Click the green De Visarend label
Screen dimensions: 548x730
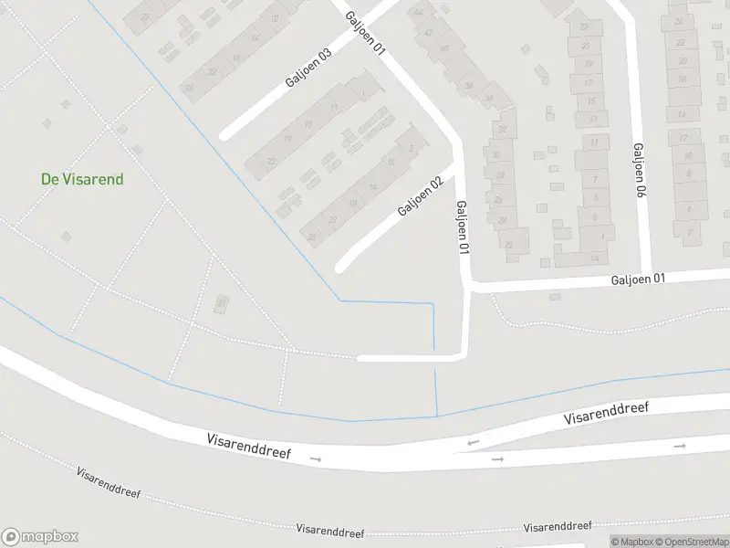point(82,179)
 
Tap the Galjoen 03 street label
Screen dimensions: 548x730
point(308,67)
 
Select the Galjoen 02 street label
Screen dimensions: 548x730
point(421,196)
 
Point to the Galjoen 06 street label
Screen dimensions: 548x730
point(640,172)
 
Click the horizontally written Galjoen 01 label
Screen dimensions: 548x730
point(639,279)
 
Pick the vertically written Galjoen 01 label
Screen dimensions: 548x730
point(463,227)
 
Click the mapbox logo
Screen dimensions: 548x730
point(40,537)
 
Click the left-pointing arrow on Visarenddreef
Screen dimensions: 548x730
point(473,444)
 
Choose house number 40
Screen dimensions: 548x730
point(445,49)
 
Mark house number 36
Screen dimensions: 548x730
point(468,85)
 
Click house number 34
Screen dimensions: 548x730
point(490,99)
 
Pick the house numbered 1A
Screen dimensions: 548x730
point(594,259)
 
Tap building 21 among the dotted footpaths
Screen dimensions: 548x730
point(221,302)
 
